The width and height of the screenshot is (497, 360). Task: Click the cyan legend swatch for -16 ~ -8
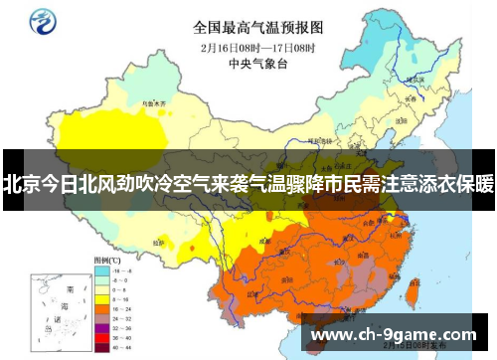coord(101,270)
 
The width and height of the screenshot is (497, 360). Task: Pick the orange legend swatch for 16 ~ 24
coord(101,308)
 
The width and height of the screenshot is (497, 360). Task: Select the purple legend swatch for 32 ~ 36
coord(101,327)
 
